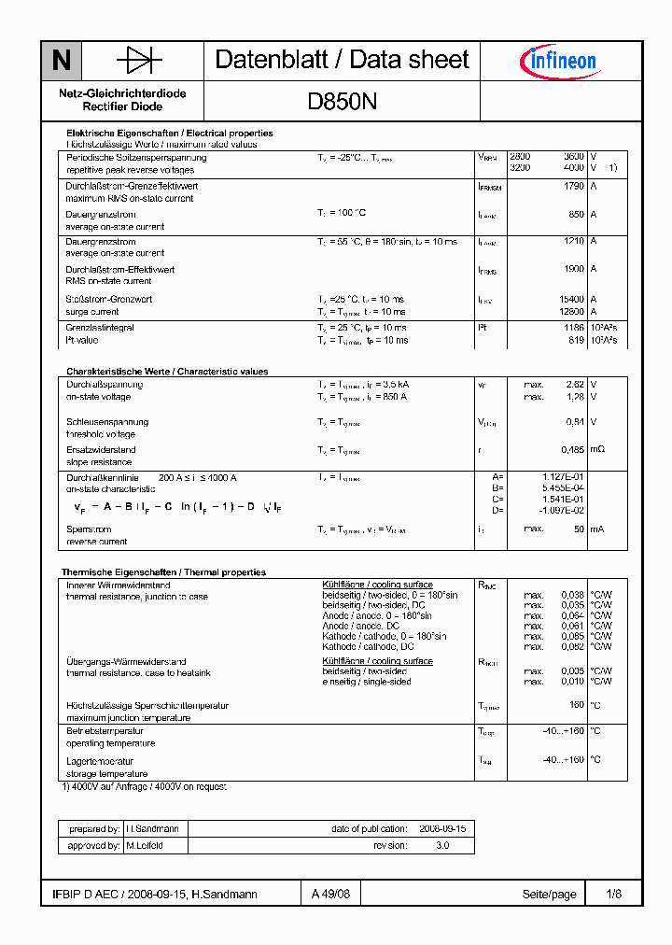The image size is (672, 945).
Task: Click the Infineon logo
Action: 558,62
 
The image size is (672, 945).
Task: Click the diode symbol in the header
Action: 139,61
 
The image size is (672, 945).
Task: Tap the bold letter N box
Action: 62,61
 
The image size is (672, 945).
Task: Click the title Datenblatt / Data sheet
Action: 342,60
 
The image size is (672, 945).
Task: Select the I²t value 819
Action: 576,341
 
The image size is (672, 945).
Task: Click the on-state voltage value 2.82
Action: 575,385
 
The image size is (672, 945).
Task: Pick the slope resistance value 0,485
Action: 572,450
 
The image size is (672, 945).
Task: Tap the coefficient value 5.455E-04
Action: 563,488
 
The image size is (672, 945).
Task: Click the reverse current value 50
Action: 579,529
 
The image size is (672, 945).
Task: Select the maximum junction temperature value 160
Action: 577,706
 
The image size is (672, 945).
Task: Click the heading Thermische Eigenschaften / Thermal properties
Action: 163,572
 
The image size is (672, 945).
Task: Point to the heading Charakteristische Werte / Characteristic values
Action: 167,372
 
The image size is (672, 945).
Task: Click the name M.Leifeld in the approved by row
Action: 145,846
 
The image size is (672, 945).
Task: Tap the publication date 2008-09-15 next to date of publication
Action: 441,829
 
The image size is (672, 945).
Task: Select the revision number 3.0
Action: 441,846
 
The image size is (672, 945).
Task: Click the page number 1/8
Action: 613,895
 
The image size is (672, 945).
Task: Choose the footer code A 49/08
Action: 331,895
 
